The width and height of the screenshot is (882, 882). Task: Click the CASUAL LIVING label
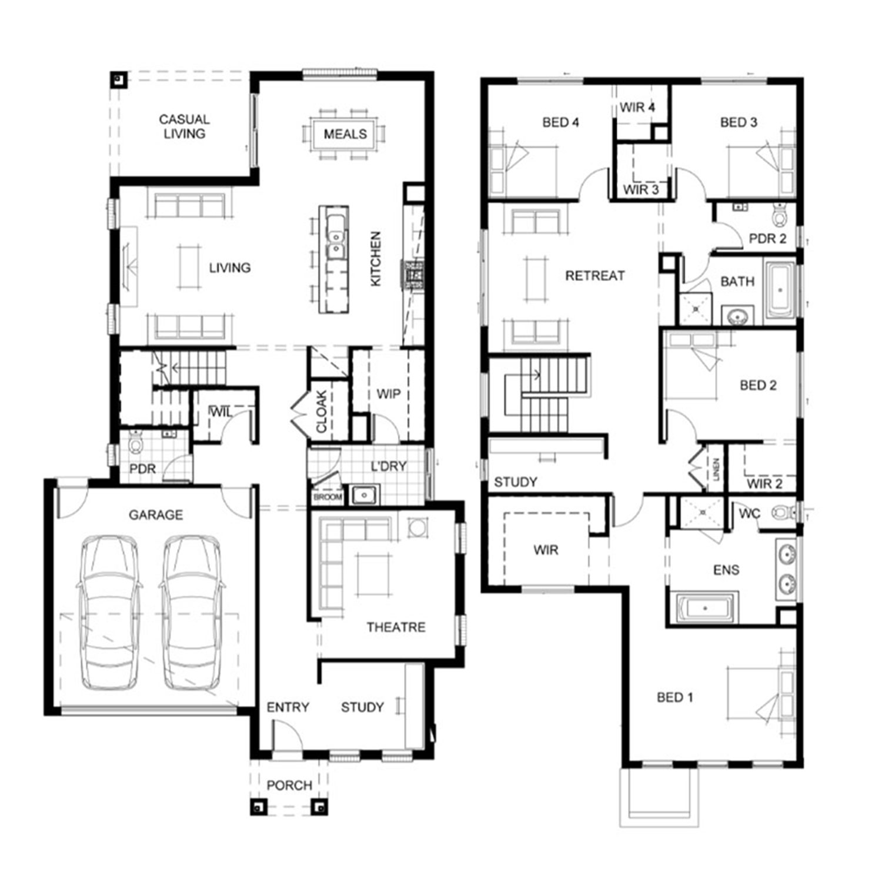pos(184,126)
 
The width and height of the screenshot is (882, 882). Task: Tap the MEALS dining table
pos(345,134)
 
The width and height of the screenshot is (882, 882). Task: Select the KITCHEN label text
pos(376,259)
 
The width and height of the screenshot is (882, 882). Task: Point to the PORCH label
pos(289,785)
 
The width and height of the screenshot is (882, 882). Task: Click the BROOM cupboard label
pos(328,497)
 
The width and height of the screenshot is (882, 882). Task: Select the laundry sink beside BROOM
pos(364,495)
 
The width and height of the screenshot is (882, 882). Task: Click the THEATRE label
pos(396,627)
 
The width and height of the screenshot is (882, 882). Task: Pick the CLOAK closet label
pos(322,412)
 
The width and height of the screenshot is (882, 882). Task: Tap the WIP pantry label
pos(388,394)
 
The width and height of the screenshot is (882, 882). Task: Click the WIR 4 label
pos(637,107)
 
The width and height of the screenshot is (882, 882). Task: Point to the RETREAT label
pos(594,275)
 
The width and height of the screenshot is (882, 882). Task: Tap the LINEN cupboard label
pos(716,469)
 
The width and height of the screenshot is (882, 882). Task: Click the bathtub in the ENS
pos(706,608)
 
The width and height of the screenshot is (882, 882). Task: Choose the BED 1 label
pos(674,697)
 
